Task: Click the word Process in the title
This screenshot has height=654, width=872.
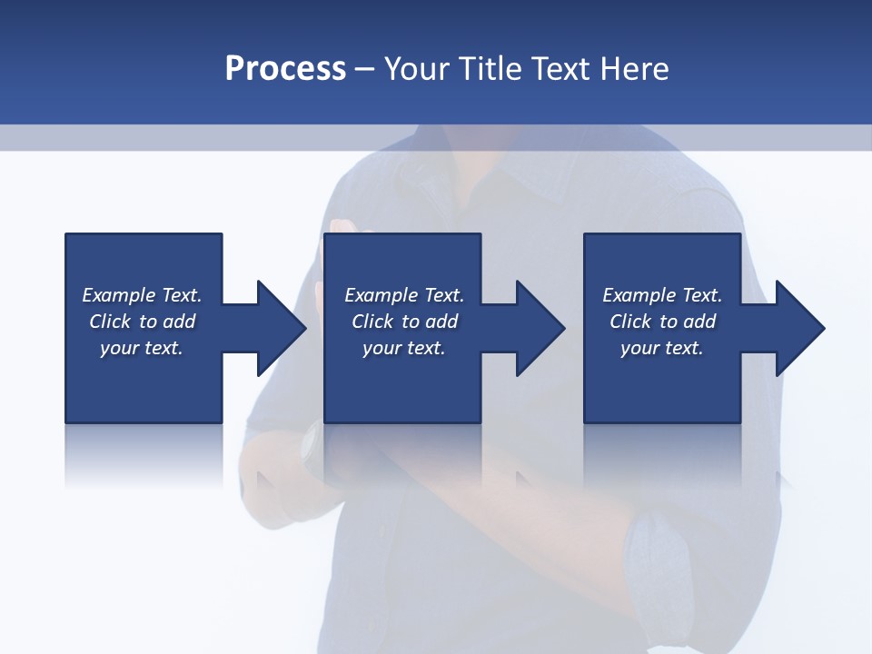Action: point(285,69)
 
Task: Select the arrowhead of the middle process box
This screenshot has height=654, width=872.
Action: point(540,328)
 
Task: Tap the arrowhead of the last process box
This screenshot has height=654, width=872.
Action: point(799,328)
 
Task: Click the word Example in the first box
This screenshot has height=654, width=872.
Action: point(117,295)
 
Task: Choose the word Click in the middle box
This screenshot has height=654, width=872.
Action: point(372,322)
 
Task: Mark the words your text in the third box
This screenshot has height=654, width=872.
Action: point(661,348)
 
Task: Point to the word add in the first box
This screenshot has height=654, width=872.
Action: point(179,322)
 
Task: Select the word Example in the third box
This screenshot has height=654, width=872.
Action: point(638,295)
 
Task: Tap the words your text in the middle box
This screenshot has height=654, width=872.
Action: point(403,348)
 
